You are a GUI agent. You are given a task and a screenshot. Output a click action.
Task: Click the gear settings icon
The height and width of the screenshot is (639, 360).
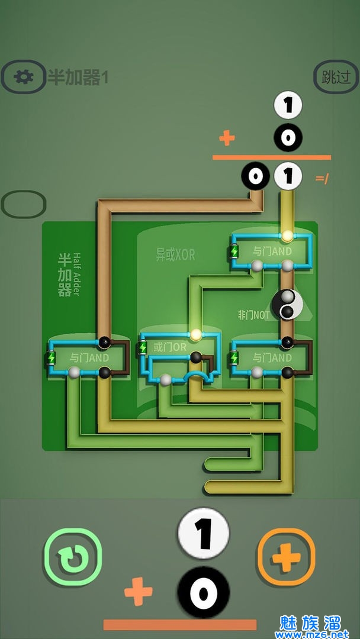[23, 76]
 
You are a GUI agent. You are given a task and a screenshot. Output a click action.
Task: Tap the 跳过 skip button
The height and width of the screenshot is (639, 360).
[336, 78]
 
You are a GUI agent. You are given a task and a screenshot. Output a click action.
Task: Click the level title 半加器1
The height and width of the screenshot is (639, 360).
[78, 77]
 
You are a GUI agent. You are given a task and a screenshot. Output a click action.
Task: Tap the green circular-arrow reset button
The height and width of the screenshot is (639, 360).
[73, 557]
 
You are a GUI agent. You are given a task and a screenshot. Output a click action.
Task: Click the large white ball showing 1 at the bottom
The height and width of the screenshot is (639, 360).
[203, 534]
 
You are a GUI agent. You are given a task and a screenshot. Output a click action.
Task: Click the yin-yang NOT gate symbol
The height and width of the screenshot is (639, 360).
[288, 304]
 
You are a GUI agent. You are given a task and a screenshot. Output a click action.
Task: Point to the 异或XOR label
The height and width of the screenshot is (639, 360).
[175, 255]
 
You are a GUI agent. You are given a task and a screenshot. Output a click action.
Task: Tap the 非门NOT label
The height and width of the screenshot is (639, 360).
[253, 315]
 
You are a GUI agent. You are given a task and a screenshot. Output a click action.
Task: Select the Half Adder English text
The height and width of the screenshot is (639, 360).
[76, 274]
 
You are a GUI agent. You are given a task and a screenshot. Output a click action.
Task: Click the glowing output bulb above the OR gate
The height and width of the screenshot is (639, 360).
[195, 335]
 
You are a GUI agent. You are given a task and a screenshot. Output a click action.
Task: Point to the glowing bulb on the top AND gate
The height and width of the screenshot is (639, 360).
[288, 235]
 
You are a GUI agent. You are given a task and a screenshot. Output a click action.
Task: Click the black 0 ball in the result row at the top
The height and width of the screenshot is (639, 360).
[255, 176]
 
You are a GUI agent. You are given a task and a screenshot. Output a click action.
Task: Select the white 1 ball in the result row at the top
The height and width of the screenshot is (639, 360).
[289, 176]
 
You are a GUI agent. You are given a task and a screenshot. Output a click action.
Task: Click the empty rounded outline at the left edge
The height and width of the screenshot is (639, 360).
[23, 204]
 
